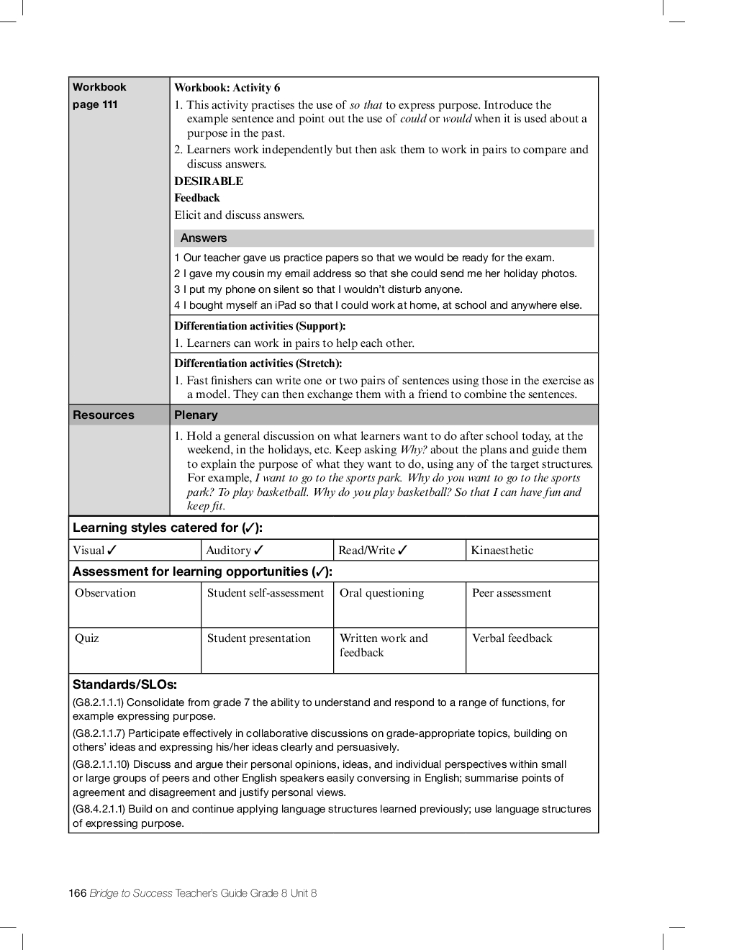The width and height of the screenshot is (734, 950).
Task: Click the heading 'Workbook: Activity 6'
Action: (227, 88)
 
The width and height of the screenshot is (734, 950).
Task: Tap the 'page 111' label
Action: (95, 104)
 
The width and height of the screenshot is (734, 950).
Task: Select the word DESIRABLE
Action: (209, 181)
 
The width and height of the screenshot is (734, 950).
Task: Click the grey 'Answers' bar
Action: (384, 238)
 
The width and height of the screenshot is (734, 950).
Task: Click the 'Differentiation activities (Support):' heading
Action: (260, 326)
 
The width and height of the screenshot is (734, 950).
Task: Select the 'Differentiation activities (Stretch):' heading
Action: (258, 363)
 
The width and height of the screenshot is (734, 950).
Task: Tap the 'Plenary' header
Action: (196, 415)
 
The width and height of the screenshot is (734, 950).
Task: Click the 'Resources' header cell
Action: (104, 415)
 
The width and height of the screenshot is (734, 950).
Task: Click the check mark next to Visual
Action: (112, 551)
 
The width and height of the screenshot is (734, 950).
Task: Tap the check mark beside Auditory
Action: (259, 551)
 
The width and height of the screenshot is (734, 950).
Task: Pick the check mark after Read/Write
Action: (403, 551)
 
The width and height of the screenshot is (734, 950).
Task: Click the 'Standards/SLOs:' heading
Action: (124, 684)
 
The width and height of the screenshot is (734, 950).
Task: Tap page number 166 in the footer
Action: (78, 893)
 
